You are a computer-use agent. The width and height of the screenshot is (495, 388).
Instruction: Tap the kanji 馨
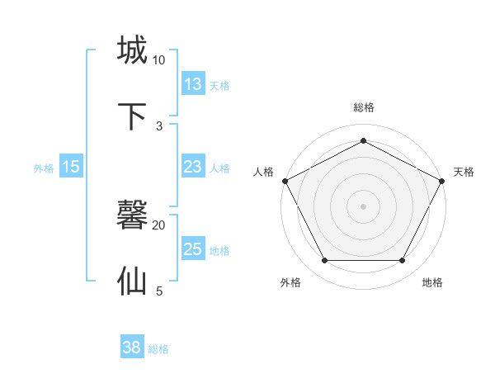click(133, 215)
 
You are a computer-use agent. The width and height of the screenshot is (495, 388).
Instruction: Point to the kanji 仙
click(133, 281)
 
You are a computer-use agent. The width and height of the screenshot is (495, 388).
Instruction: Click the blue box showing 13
click(193, 84)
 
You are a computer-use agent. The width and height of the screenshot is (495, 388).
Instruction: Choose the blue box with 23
click(193, 167)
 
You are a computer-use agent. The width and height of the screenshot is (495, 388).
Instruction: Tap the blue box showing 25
click(193, 249)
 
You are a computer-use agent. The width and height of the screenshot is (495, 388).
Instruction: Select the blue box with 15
click(71, 167)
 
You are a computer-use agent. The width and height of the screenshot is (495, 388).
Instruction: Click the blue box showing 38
click(132, 348)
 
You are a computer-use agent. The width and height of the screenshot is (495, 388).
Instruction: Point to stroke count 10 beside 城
click(158, 60)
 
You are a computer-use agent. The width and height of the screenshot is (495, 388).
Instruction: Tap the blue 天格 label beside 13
click(219, 86)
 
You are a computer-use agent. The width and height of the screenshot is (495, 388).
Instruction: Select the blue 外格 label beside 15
click(44, 168)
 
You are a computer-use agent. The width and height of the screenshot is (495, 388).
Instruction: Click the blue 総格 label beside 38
click(158, 350)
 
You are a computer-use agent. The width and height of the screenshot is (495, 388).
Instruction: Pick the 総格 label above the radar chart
click(363, 107)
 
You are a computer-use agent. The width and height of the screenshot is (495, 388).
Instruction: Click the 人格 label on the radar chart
click(264, 172)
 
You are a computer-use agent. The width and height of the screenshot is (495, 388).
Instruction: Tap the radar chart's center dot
click(363, 206)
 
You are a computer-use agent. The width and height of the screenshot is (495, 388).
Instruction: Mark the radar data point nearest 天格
click(442, 180)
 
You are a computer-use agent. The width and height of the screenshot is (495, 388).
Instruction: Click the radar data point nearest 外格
click(324, 261)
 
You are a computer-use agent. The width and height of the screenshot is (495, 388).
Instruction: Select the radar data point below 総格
click(363, 140)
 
